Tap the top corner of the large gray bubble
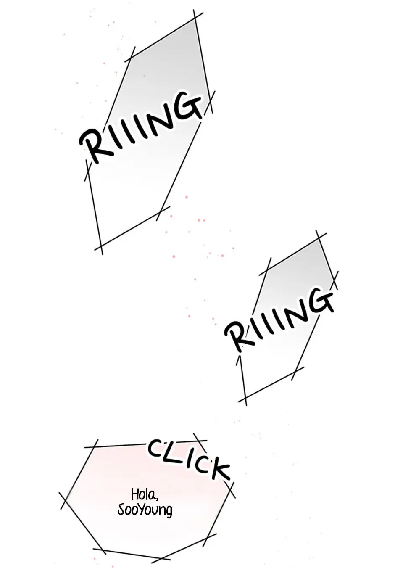[195, 19]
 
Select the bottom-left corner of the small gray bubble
[245, 398]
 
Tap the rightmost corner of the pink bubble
[231, 490]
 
